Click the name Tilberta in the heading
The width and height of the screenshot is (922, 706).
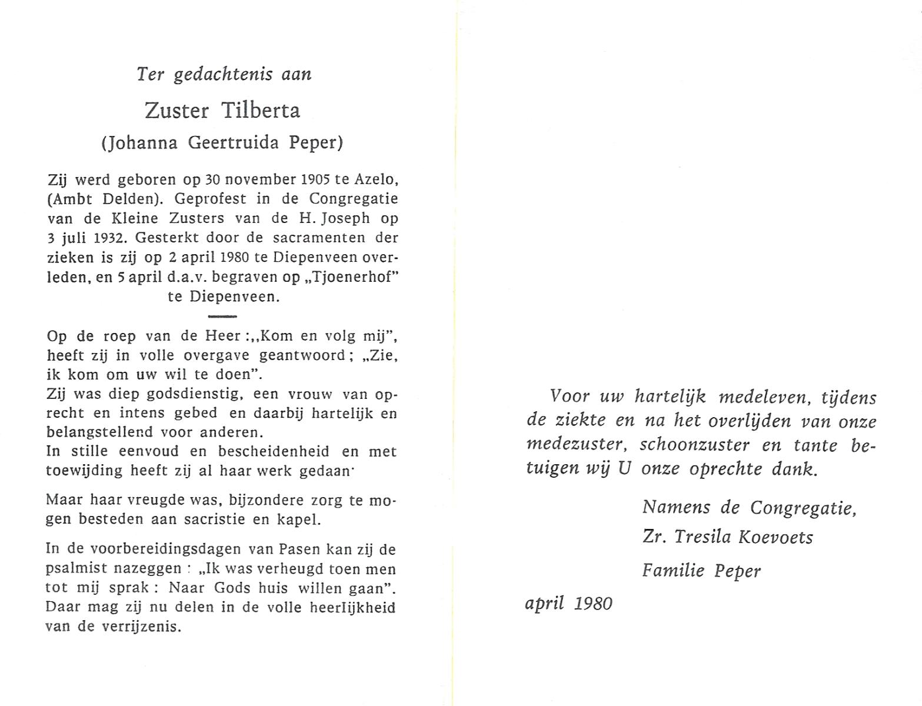point(261,111)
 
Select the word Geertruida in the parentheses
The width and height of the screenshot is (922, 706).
point(233,143)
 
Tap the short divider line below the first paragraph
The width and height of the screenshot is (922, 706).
point(222,317)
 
